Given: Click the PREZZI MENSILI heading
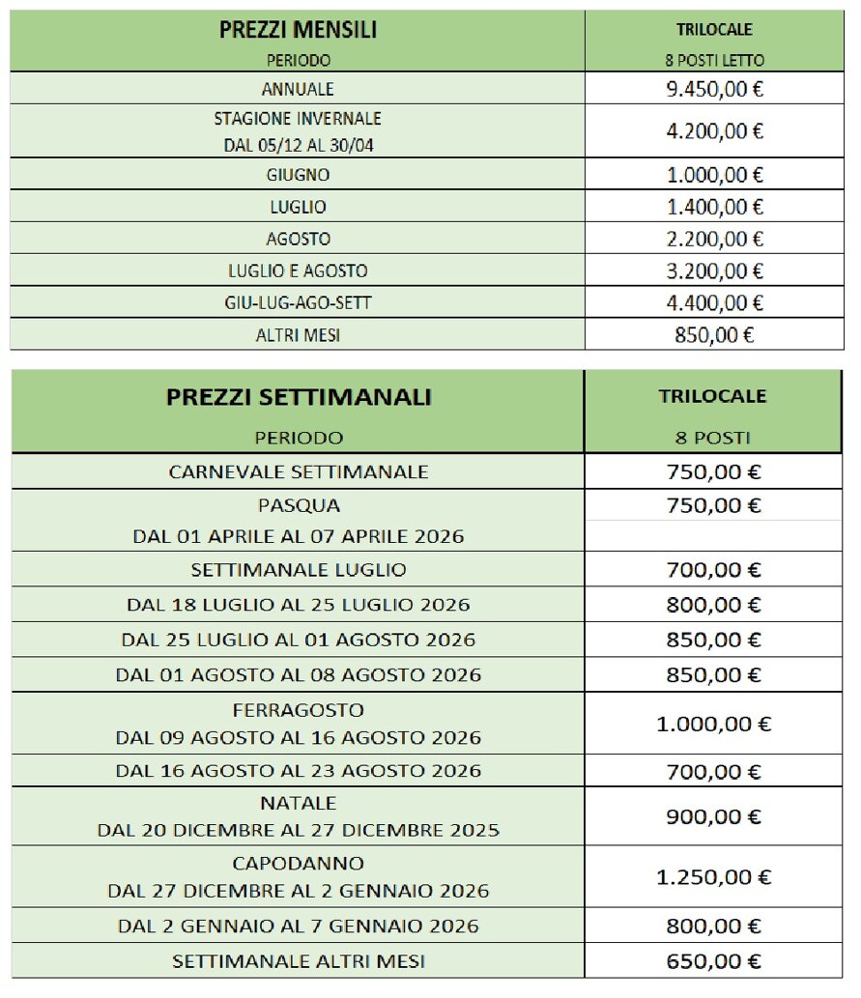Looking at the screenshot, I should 298,30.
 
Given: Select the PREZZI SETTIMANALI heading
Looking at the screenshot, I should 298,397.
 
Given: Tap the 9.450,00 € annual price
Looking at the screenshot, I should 714,89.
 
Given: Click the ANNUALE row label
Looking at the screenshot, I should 298,89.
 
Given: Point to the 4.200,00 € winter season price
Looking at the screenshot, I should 714,131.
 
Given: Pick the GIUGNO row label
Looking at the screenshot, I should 298,175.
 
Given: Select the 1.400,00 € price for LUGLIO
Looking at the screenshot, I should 714,207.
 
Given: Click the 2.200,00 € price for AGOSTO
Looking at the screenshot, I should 714,239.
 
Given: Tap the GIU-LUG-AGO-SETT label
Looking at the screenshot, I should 298,303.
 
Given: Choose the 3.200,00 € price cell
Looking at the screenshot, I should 714,271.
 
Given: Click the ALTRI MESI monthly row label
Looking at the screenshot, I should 298,335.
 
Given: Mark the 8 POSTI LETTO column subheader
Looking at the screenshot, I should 714,60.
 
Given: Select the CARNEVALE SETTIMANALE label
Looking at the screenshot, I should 298,472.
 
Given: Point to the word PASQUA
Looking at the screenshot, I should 299,505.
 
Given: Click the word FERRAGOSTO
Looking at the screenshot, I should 298,710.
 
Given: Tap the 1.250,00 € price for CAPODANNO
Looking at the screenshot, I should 714,877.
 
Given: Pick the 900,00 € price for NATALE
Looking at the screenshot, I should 714,816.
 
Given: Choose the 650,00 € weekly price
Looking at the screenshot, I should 714,961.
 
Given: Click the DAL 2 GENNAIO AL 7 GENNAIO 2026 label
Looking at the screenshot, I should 298,926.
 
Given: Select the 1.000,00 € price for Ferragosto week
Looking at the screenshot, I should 714,724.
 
